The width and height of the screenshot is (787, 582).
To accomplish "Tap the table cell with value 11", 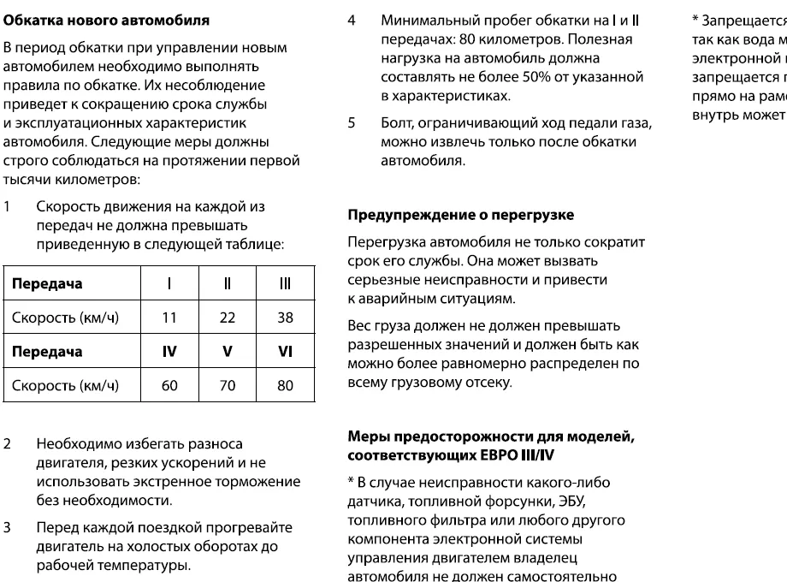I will click(x=169, y=318).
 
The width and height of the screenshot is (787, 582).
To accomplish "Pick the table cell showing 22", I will click(x=227, y=318).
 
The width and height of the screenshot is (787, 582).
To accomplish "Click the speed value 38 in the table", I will click(x=285, y=318).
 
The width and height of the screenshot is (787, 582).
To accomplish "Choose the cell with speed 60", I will click(x=169, y=385).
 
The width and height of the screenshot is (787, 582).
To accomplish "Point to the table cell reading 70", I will click(x=227, y=385).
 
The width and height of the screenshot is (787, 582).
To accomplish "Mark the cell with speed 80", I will click(x=285, y=385).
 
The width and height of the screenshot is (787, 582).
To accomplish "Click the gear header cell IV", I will click(x=169, y=352).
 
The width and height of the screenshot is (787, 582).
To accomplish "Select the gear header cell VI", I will click(x=285, y=352).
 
